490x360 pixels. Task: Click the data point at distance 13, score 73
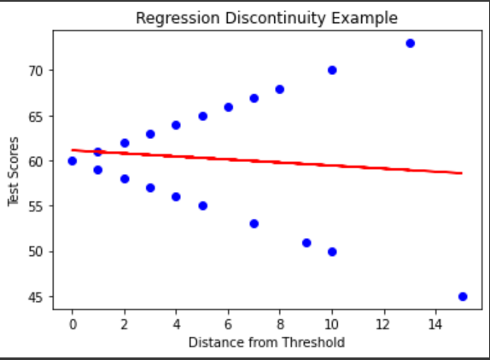[x=411, y=44]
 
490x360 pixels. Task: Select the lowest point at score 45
[x=463, y=297]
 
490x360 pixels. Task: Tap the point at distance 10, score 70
[x=332, y=70]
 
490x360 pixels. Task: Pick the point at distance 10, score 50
[x=332, y=252]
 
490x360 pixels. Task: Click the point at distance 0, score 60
[x=73, y=161]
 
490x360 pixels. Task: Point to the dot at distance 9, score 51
[x=306, y=242]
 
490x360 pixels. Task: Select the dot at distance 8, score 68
[x=280, y=90]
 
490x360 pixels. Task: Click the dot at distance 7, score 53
[x=254, y=224]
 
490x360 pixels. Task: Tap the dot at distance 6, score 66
[x=229, y=107]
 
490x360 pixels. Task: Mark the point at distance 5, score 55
[x=203, y=206]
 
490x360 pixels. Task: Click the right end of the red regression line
[x=462, y=173]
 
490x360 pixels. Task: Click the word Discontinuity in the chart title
[x=276, y=18]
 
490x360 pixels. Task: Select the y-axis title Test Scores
[x=14, y=171]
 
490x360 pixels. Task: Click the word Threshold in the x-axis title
[x=313, y=343]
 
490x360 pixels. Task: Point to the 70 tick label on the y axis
[x=35, y=71]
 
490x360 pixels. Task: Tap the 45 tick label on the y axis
[x=35, y=298]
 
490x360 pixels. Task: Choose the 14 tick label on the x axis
[x=435, y=325]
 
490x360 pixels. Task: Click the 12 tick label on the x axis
[x=383, y=325]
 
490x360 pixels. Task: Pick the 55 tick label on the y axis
[x=35, y=206]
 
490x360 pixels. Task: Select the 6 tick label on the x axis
[x=228, y=325]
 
